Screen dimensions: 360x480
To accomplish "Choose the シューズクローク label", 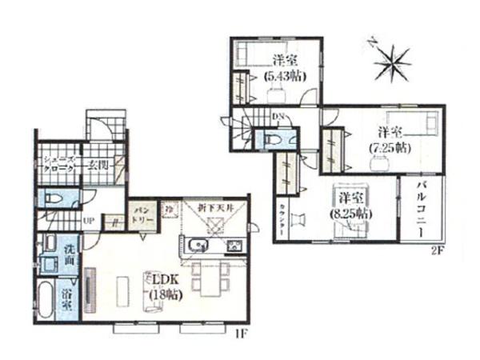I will tap(59, 164).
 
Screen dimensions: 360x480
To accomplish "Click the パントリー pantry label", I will tap(142, 215).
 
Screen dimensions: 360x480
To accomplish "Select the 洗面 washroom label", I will tap(70, 254).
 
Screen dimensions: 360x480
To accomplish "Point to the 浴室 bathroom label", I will tap(69, 298).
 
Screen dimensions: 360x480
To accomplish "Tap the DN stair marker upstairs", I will tap(278, 118).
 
